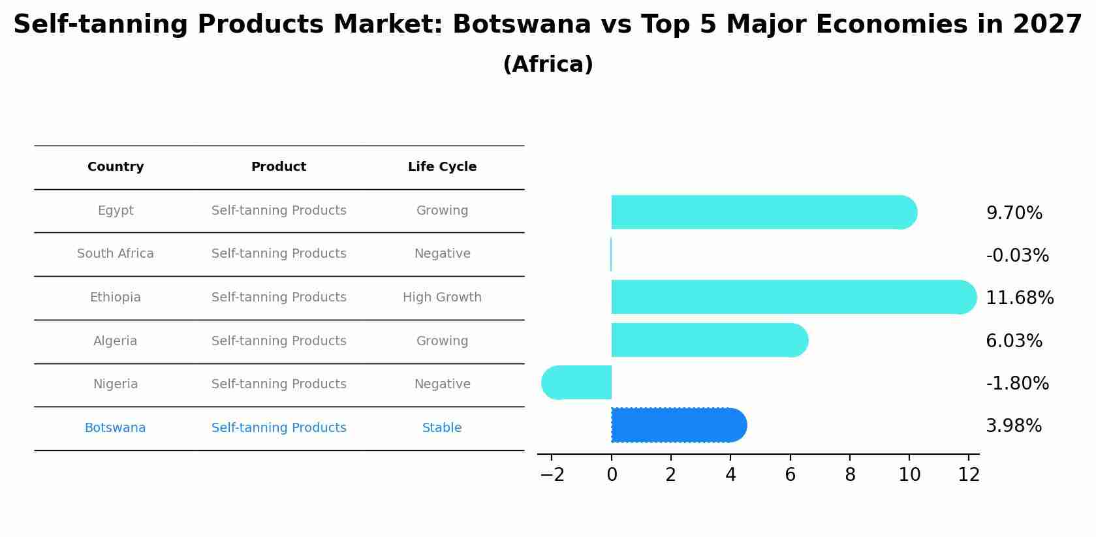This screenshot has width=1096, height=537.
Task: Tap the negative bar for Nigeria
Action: (577, 383)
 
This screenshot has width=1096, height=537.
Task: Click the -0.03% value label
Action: (1017, 256)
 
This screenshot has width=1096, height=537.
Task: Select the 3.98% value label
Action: (1013, 426)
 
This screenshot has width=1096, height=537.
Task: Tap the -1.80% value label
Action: (1017, 384)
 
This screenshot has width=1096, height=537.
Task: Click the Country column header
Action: (116, 167)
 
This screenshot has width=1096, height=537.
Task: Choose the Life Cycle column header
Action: (442, 167)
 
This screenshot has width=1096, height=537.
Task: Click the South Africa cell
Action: (116, 254)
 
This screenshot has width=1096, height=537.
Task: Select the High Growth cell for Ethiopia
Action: (442, 298)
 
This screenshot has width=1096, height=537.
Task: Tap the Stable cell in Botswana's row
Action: (442, 428)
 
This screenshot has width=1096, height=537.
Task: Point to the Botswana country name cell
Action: (116, 428)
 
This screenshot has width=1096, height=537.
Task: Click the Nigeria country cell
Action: (116, 384)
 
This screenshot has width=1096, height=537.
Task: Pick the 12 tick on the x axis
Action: (969, 475)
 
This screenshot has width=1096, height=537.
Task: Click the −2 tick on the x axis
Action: (552, 475)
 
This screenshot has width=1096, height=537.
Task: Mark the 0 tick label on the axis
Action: (612, 475)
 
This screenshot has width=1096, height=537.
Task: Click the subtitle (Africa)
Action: (548, 65)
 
